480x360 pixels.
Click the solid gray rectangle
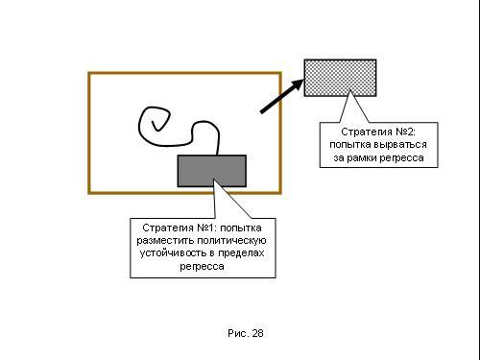(x=212, y=171)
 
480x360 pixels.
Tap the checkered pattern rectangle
(x=340, y=78)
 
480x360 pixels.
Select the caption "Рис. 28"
(x=246, y=333)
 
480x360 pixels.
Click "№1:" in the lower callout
(x=206, y=228)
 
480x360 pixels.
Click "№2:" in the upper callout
(x=405, y=132)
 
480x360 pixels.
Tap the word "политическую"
(x=231, y=241)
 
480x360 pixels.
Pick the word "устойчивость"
(x=174, y=253)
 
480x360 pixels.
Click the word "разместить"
(x=165, y=241)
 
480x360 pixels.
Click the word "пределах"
(x=241, y=253)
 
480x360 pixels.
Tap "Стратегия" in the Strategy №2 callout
(x=367, y=132)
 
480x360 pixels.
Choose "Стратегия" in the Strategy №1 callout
(x=168, y=228)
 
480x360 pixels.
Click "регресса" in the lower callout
(x=202, y=267)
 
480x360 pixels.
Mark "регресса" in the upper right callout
(x=402, y=157)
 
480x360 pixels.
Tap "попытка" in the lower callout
(x=241, y=228)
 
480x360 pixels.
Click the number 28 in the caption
(x=257, y=333)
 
